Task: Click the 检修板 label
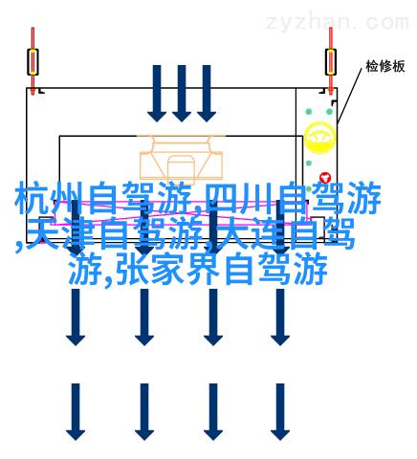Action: tap(385, 66)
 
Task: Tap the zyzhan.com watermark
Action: tap(338, 22)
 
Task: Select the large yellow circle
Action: tap(319, 137)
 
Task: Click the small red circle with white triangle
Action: tap(325, 178)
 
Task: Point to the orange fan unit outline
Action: tap(181, 157)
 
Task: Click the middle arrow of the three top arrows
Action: tap(182, 94)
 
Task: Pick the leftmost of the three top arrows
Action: tap(157, 94)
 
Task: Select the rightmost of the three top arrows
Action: tap(207, 94)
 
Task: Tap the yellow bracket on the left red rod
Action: tap(33, 62)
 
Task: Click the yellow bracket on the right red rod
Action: tap(331, 62)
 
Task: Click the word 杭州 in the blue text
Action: tap(49, 198)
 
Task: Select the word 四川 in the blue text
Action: tap(240, 198)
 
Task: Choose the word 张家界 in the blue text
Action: tap(167, 269)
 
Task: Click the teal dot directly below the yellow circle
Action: tap(309, 164)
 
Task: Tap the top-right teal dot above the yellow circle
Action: tap(329, 112)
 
